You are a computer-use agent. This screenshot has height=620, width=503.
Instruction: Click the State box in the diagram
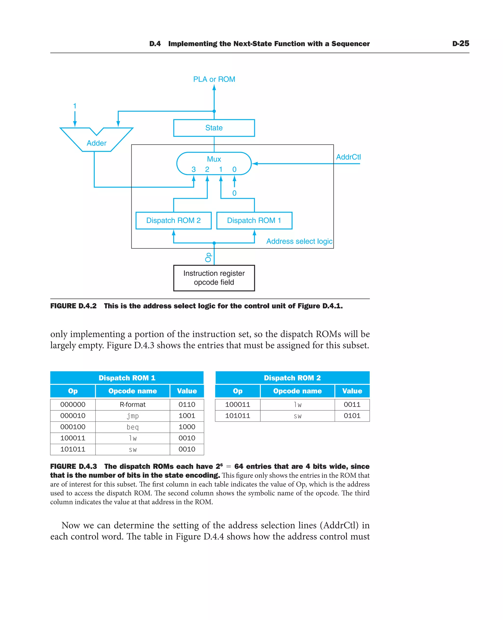pos(214,128)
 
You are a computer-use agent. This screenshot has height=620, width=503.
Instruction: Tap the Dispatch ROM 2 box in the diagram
pos(173,220)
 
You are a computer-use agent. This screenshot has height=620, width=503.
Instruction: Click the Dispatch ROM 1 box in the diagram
pos(254,220)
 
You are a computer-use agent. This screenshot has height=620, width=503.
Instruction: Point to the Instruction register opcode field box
pos(214,278)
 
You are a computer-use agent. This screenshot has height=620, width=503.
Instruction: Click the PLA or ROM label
pos(214,79)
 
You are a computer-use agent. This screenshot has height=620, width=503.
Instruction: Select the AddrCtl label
pos(348,157)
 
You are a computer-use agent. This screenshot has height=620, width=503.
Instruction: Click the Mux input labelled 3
pos(194,169)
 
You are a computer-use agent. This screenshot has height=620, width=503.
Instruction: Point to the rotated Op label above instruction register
pos(208,257)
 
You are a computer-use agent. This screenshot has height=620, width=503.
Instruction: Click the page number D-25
pos(461,43)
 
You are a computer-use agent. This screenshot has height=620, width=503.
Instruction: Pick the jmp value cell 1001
pos(187,416)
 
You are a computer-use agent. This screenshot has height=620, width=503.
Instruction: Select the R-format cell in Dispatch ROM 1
pos(132,404)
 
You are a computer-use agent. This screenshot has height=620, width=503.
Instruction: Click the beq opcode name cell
pos(132,427)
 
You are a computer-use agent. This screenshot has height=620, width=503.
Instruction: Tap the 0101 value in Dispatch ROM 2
pos(352,416)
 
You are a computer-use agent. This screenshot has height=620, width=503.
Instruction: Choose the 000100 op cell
pos(73,427)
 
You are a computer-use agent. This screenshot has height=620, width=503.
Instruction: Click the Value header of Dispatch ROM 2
pos(352,391)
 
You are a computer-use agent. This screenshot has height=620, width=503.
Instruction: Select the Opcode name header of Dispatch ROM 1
pos(132,391)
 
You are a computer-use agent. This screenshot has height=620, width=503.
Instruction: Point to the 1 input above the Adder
pos(75,106)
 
